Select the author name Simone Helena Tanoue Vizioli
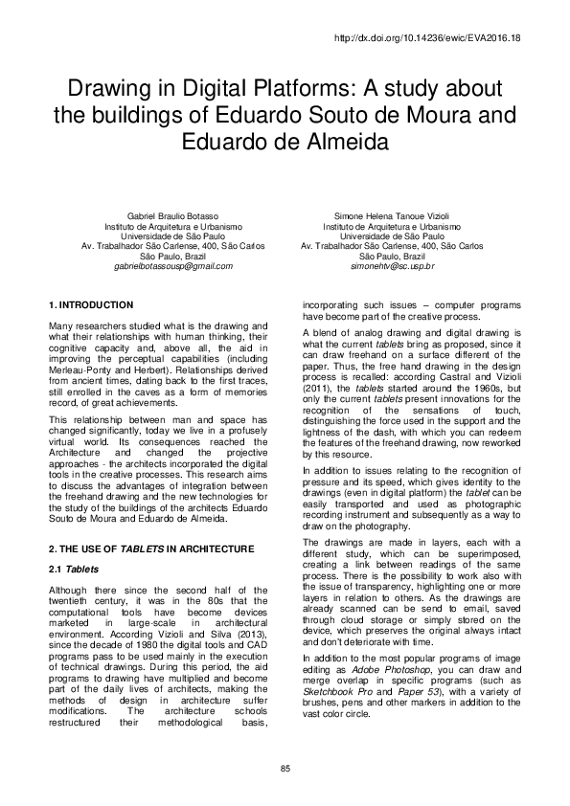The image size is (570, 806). tap(392, 216)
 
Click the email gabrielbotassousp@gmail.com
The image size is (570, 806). tap(173, 265)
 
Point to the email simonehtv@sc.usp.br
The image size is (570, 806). tap(393, 265)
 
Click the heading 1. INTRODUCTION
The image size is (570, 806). tap(90, 305)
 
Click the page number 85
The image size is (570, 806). tap(285, 771)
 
